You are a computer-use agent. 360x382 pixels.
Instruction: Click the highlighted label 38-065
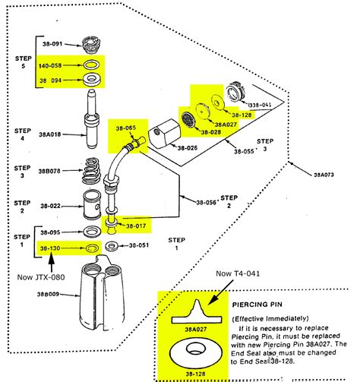[125, 129]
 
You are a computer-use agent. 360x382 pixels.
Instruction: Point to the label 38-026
[186, 147]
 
